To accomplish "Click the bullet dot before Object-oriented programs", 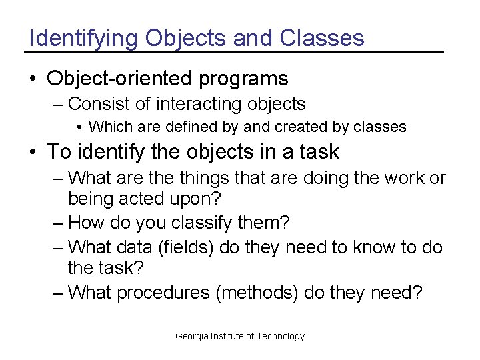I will (x=33, y=79).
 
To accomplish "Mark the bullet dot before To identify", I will (x=33, y=153).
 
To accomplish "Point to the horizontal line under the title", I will (x=233, y=52).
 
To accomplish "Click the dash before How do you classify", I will (x=59, y=222).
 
